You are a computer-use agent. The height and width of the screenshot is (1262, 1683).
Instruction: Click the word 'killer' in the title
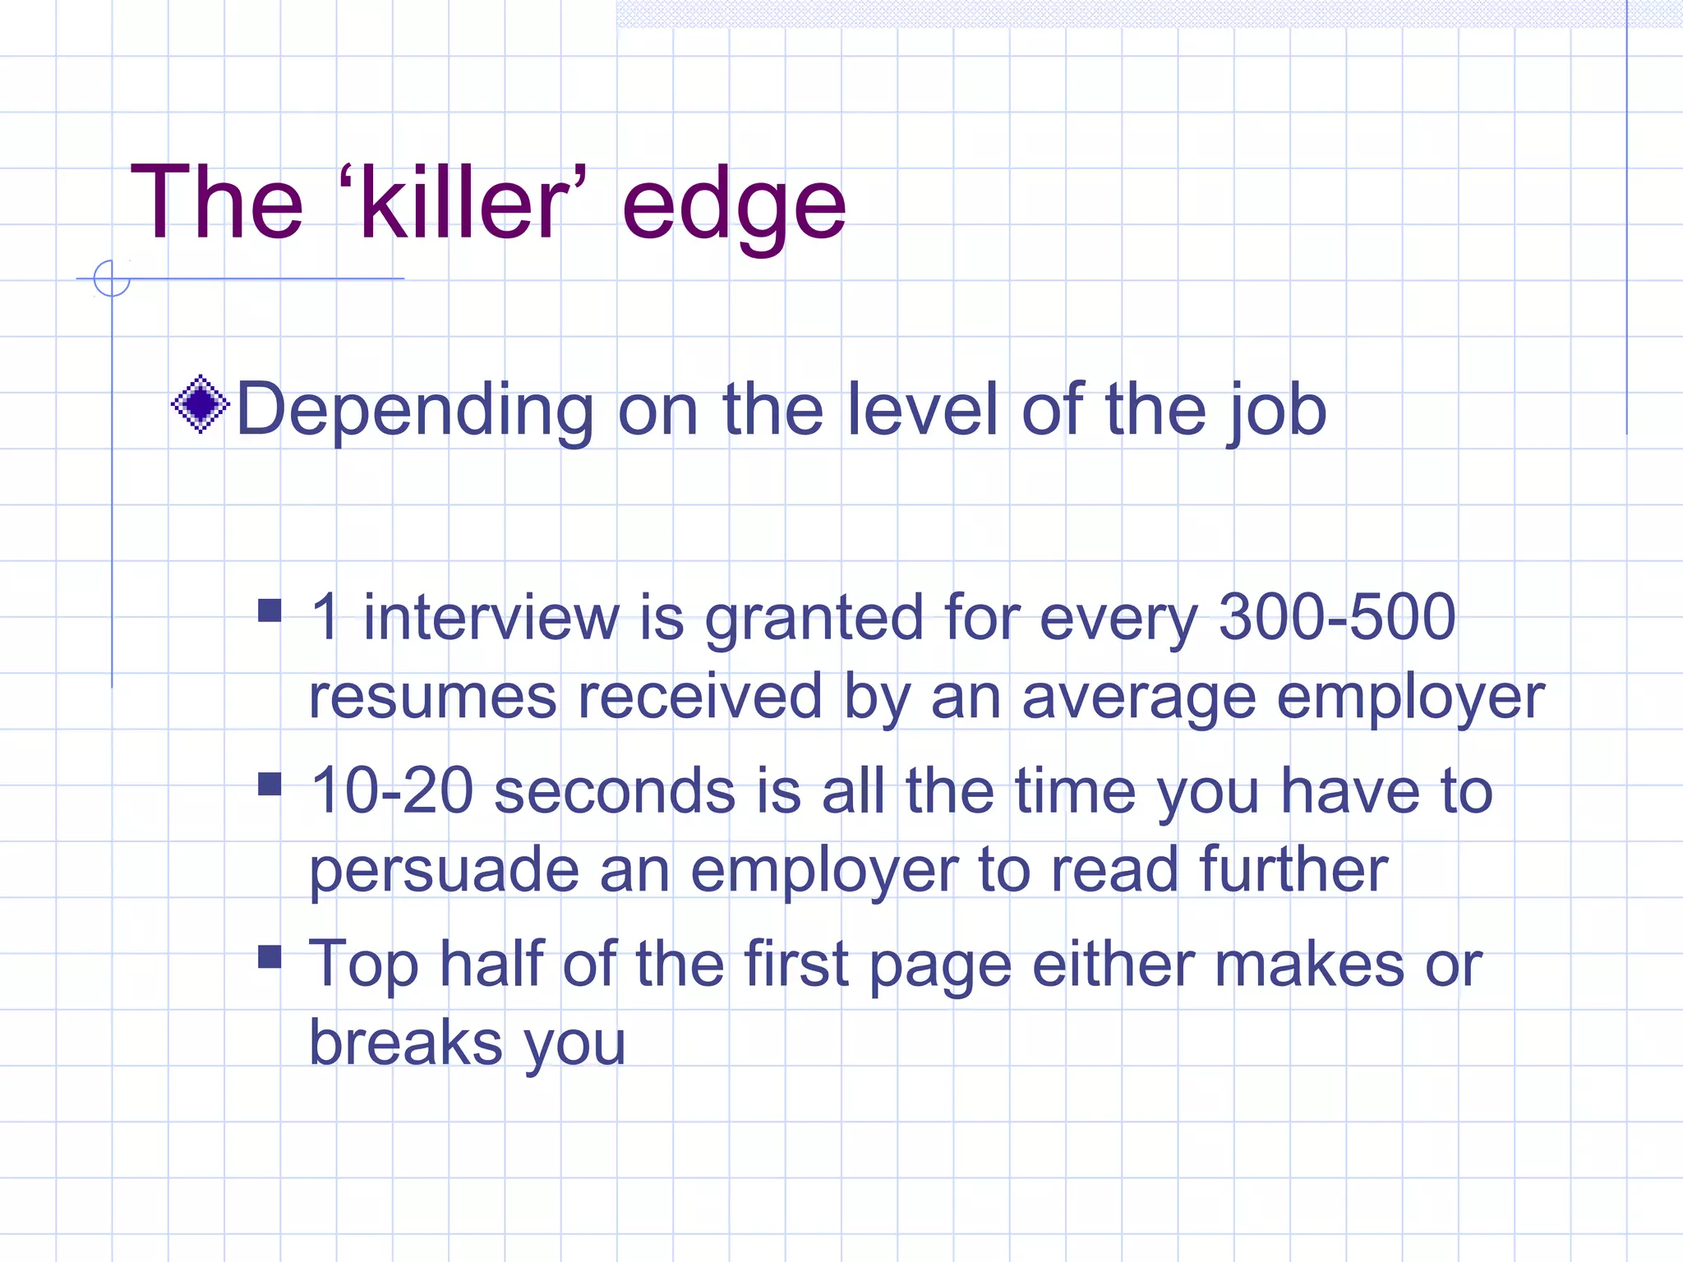point(463,203)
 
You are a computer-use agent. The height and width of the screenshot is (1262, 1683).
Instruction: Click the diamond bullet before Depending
point(200,404)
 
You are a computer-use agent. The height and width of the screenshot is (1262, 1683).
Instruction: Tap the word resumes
point(432,697)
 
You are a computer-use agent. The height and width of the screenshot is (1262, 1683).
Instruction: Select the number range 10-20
point(392,790)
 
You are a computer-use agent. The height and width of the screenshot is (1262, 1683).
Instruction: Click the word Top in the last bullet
point(363,965)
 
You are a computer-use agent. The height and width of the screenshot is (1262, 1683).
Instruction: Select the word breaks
point(405,1043)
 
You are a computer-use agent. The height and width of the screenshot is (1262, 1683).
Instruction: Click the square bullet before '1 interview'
point(270,610)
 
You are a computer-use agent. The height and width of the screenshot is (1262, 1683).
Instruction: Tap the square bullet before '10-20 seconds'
point(270,785)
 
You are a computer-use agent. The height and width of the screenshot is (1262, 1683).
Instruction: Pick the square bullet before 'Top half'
point(270,957)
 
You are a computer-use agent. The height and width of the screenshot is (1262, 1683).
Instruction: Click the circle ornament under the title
point(112,279)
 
